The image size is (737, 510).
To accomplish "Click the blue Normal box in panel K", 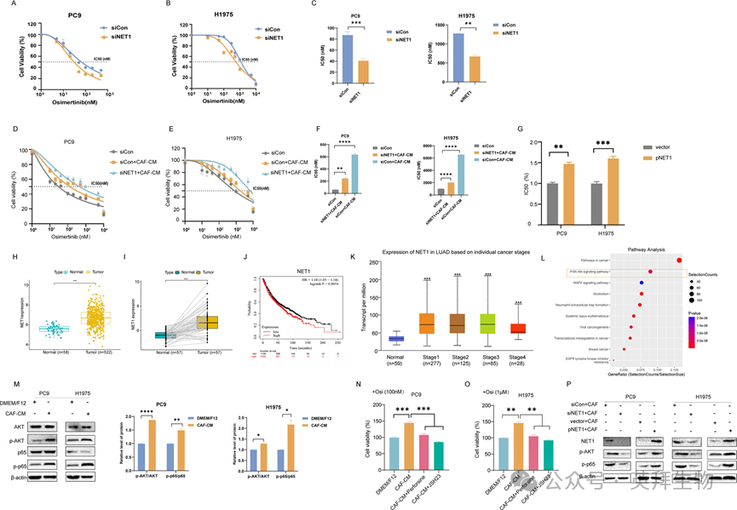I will pos(396,339).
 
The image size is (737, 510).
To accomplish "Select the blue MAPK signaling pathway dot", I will pos(641,281).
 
